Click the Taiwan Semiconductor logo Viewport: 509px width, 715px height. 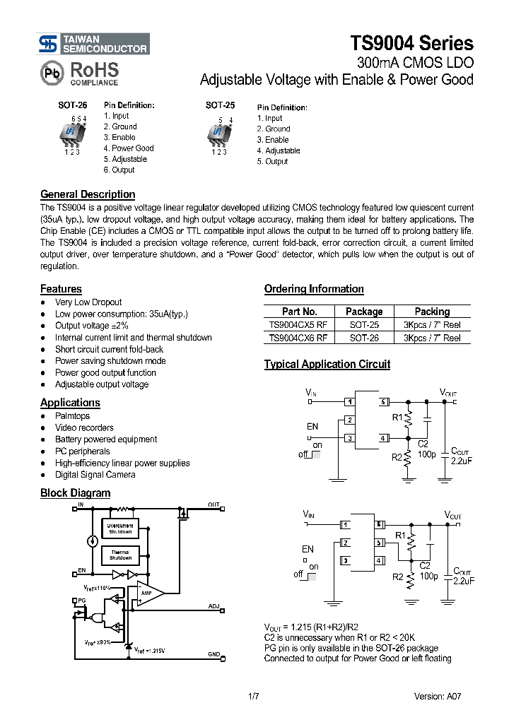tap(94, 44)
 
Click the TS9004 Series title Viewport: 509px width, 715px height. tap(411, 43)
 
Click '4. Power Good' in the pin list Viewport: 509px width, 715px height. tap(128, 148)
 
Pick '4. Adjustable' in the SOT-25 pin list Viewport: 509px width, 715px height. tap(278, 150)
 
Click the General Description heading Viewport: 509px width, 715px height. tap(88, 194)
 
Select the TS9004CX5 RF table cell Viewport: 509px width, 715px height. tap(298, 325)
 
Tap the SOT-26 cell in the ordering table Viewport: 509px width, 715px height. tap(364, 338)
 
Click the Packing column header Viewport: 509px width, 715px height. tap(432, 312)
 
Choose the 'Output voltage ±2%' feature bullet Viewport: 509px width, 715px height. tap(92, 326)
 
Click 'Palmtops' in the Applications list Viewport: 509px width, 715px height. tap(73, 416)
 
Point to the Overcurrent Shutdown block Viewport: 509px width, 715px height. tap(120, 528)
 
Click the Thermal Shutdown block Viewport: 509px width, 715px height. tap(120, 555)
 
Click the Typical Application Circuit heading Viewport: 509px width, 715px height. tap(327, 365)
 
